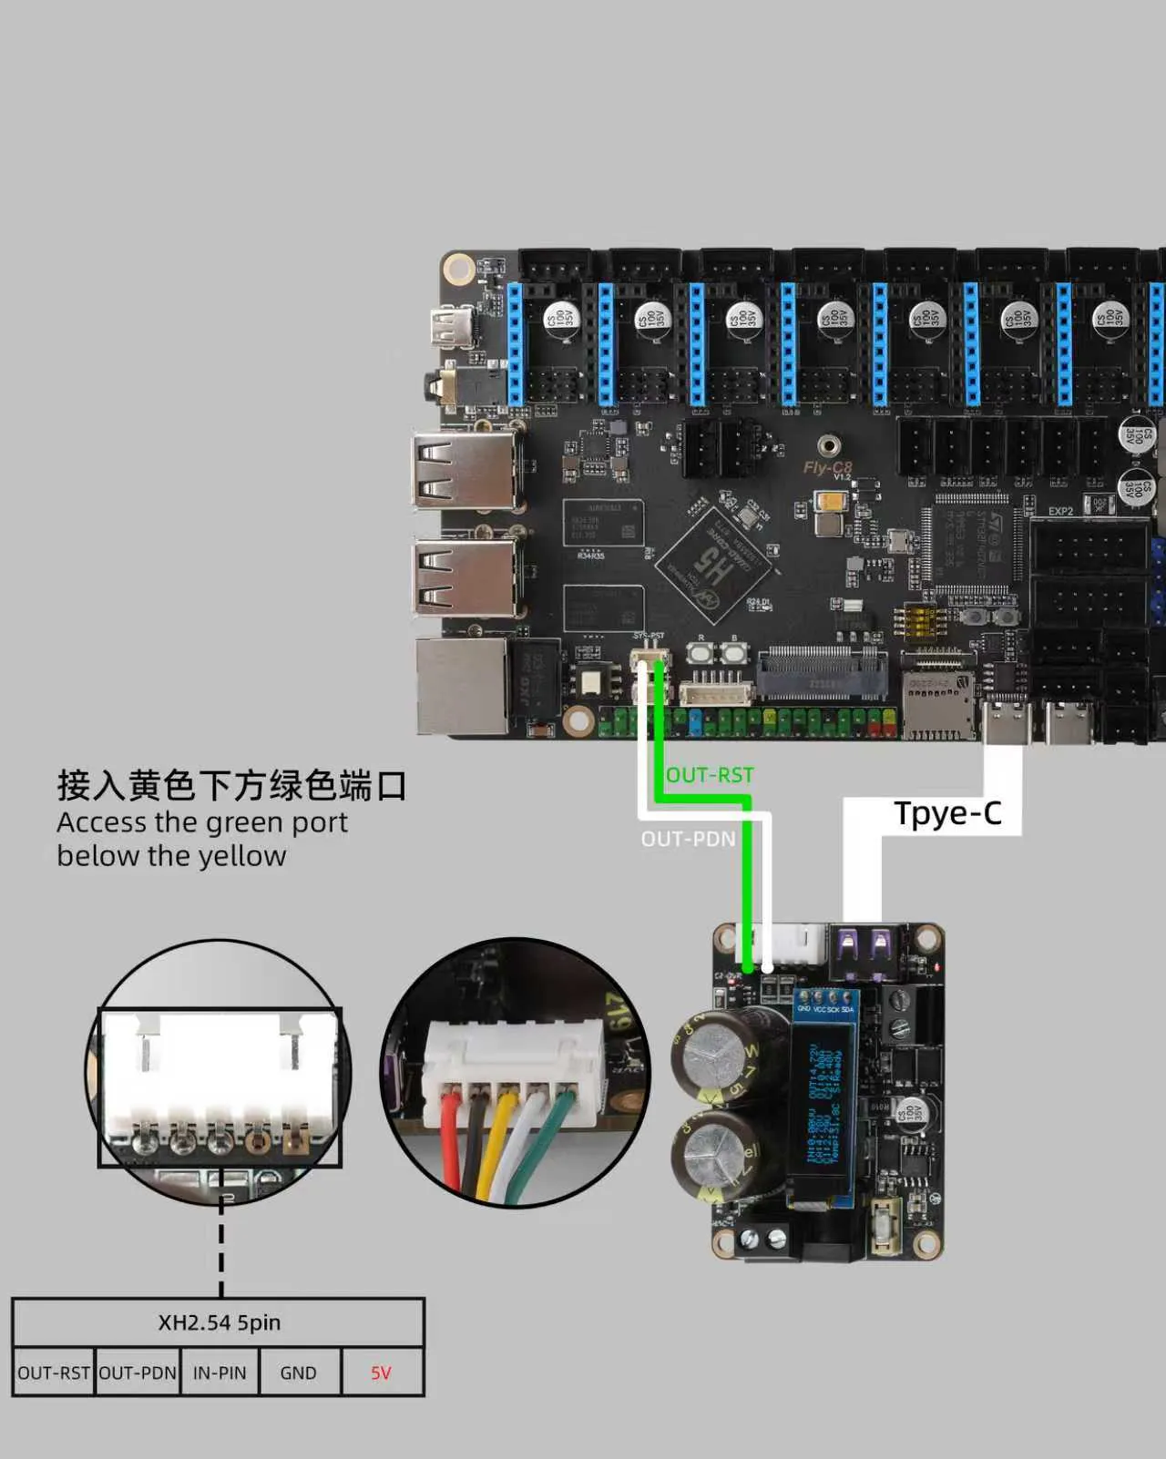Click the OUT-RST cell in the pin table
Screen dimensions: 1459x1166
(x=54, y=1372)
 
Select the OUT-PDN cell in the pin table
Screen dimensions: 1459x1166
(x=138, y=1372)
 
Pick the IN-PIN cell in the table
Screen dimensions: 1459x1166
(x=220, y=1372)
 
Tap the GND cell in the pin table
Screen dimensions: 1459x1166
(x=299, y=1372)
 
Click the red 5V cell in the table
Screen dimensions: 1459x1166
(x=381, y=1372)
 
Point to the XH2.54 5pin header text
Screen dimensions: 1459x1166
(x=219, y=1322)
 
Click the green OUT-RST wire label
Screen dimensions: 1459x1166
(x=710, y=775)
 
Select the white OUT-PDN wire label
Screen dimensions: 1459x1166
(x=688, y=839)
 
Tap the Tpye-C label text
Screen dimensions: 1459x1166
(x=947, y=813)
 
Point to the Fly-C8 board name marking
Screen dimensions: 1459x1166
(x=827, y=467)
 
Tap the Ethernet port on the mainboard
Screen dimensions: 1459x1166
(x=463, y=686)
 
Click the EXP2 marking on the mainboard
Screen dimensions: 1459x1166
(x=1060, y=511)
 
